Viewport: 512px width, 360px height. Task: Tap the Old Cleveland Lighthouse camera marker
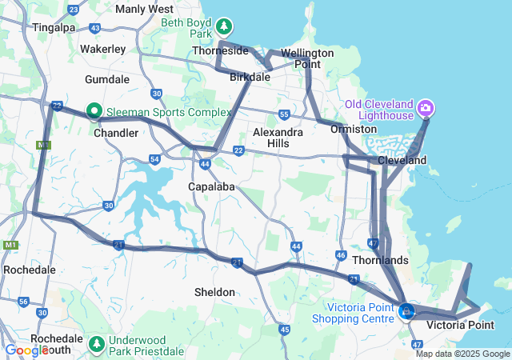click(426, 106)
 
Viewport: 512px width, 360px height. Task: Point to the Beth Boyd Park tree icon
click(225, 27)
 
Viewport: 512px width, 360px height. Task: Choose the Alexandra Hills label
click(278, 137)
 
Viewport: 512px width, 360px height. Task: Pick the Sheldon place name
click(215, 292)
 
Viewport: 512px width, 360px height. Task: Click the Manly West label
click(144, 9)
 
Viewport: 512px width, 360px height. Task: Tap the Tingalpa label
click(54, 27)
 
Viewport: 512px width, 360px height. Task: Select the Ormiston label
click(353, 129)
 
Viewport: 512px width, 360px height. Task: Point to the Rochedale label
click(30, 270)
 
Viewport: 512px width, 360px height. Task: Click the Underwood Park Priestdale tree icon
click(97, 343)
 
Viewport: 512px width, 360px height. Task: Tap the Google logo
click(26, 350)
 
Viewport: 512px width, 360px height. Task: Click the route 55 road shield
click(284, 114)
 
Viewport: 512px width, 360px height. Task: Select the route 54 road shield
click(154, 160)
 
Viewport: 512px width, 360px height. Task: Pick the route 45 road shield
click(284, 329)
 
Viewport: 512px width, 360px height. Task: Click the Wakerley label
click(103, 49)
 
